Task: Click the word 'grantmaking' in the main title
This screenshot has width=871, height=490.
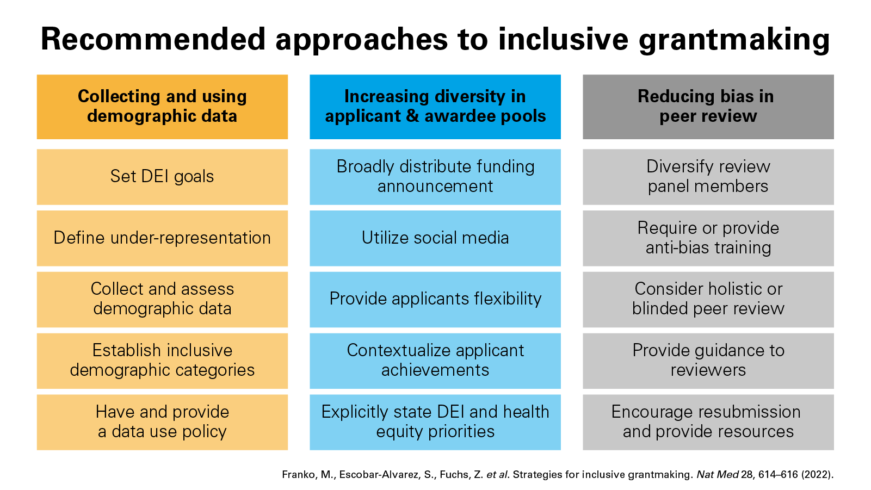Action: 734,40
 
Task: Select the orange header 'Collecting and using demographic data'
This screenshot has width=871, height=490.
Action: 162,107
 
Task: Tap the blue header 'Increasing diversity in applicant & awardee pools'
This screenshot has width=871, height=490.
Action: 435,107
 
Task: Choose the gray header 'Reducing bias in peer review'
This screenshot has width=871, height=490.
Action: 708,107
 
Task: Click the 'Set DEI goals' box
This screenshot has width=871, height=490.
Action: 162,177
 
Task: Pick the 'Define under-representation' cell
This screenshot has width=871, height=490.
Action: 162,238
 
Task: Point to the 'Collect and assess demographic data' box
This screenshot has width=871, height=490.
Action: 162,300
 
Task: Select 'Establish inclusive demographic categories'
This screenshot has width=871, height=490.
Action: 162,361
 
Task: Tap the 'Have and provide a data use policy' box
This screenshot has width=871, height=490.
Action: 162,423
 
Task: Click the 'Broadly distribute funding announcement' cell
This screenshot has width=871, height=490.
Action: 435,177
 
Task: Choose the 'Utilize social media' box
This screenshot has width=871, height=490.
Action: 435,238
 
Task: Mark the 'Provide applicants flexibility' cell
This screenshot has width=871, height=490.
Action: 435,300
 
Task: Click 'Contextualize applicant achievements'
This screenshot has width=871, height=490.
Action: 435,361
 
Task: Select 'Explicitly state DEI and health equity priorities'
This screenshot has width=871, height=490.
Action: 435,423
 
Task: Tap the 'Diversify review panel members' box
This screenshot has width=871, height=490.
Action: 708,177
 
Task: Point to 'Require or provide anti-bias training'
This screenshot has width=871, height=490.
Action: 708,238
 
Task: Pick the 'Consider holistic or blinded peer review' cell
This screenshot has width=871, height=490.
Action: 708,300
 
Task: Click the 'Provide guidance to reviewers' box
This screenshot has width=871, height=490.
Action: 708,361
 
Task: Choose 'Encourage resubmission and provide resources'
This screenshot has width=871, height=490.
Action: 708,423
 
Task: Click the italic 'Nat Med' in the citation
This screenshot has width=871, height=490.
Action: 718,474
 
